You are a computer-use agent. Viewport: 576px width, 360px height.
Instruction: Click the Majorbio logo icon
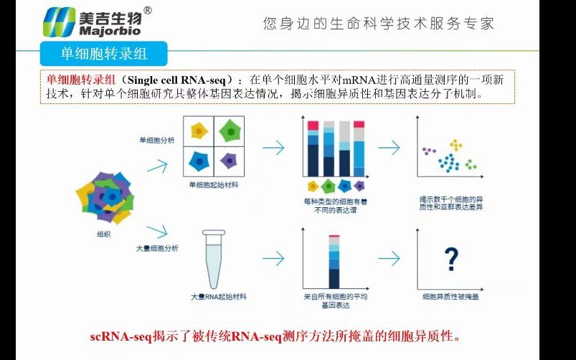[58, 22]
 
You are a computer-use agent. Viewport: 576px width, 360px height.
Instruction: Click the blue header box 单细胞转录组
[104, 54]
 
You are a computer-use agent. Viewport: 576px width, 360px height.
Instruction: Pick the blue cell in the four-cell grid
[199, 161]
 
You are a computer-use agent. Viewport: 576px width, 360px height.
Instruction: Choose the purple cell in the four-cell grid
[229, 161]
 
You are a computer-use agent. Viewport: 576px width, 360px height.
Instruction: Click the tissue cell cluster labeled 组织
[104, 196]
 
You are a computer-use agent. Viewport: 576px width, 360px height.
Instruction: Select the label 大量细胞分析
[157, 248]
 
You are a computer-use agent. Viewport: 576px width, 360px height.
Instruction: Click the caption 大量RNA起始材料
[214, 296]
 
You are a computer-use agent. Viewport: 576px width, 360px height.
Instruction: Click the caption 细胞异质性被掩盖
[450, 296]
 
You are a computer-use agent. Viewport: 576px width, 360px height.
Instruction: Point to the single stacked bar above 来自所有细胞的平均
[334, 261]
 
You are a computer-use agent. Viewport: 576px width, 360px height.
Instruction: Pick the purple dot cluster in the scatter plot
[429, 151]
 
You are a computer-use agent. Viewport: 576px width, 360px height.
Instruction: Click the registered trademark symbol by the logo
[148, 11]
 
